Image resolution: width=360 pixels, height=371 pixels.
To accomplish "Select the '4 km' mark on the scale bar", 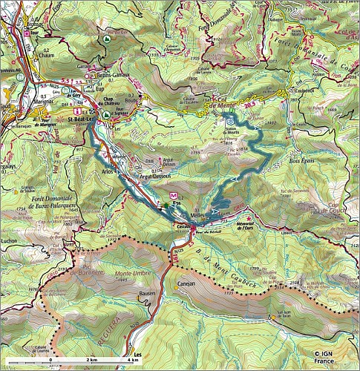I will [x=133, y=359].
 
